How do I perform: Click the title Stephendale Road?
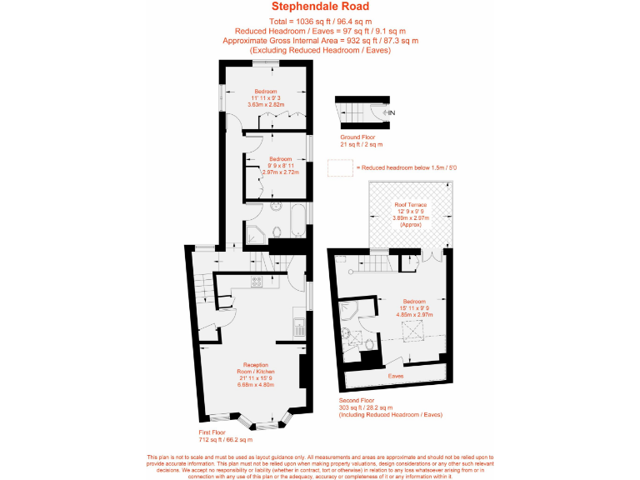[x=320, y=7]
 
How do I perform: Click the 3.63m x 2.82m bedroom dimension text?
[x=266, y=105]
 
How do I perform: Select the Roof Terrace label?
[x=410, y=204]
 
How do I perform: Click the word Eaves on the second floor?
[x=395, y=376]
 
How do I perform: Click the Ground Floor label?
[x=357, y=137]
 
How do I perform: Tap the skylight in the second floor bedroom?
[x=412, y=333]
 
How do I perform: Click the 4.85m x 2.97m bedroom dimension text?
[x=414, y=315]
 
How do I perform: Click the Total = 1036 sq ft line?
[x=320, y=19]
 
